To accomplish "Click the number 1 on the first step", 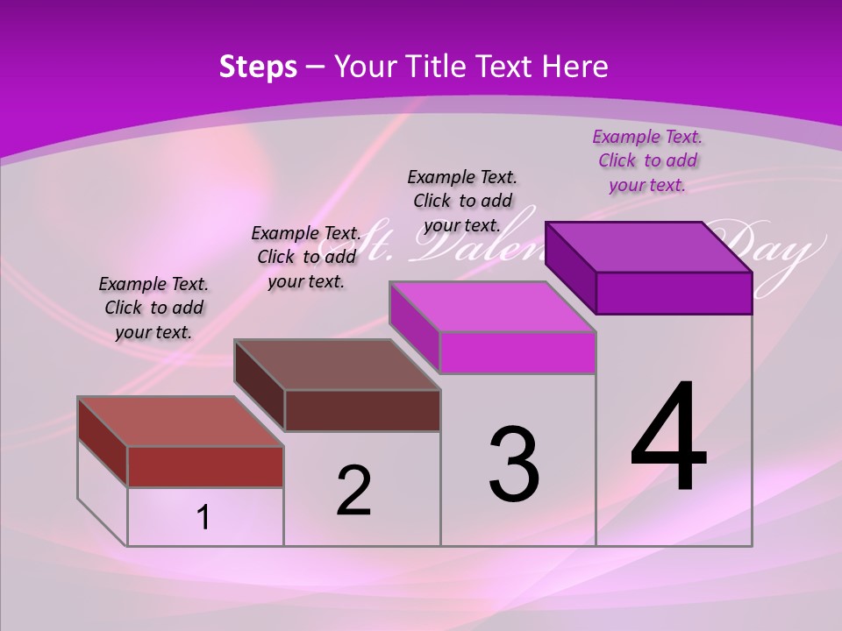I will tap(203, 518).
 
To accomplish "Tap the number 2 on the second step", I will tap(353, 491).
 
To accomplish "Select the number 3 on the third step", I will tap(514, 464).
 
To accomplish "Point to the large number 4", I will tap(669, 438).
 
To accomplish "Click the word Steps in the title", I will tap(258, 67).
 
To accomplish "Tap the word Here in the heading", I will tap(575, 67).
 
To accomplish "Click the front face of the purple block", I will tap(674, 293).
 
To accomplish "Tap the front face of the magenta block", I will tap(517, 352).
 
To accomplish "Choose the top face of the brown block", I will tap(337, 365).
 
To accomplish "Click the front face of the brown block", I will tap(362, 410).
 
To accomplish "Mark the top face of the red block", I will tap(181, 422).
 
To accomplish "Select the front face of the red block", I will tap(205, 466).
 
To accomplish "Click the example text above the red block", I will tap(153, 308).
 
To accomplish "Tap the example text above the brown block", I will tap(306, 257).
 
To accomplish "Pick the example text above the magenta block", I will tap(462, 201).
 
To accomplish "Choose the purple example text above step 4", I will tap(647, 160).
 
